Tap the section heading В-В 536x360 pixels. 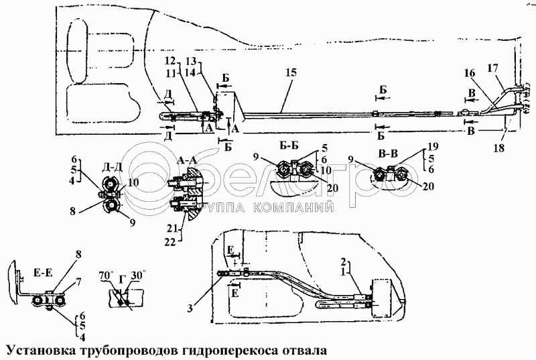click(388, 154)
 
